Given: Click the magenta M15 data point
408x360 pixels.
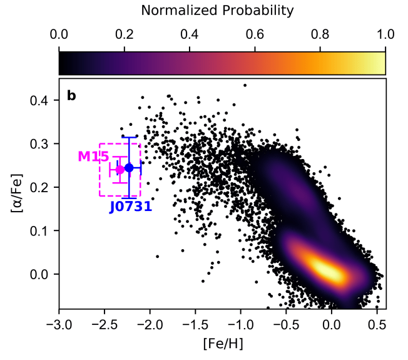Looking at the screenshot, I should click(x=120, y=170).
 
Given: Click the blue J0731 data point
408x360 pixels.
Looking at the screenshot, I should click(x=129, y=168).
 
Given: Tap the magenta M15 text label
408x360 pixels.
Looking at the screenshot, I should click(x=93, y=157).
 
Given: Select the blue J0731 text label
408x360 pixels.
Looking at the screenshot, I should click(x=131, y=207).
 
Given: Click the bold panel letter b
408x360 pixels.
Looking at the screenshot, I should click(x=71, y=96).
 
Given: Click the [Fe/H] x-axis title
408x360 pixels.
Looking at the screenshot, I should click(x=222, y=343).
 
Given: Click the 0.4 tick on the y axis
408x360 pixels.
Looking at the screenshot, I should click(x=42, y=100).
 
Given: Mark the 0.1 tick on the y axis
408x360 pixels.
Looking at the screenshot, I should click(x=42, y=230).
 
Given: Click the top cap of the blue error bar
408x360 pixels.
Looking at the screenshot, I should click(x=129, y=137).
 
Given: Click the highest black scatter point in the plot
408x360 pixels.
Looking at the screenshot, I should click(x=245, y=85).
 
